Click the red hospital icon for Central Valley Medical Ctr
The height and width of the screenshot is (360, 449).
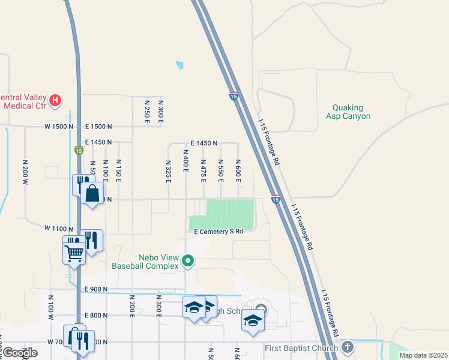pos(55,100)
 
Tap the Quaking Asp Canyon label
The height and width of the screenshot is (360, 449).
pos(348,112)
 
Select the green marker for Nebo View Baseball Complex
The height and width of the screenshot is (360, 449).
pos(188,260)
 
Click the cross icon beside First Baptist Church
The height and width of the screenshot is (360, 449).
pos(348,347)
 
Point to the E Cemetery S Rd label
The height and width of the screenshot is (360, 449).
pos(218,231)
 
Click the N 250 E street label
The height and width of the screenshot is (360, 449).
pos(146,112)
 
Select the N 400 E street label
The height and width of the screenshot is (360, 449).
pos(186,163)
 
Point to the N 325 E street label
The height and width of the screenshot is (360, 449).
pos(168,171)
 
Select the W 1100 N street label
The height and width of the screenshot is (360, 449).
pos(59,229)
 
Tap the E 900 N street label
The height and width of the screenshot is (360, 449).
pos(96,289)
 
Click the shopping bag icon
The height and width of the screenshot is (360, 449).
pos(92,194)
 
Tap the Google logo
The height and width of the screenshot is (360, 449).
pos(20,353)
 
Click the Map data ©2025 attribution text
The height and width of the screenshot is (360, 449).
pos(423,355)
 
